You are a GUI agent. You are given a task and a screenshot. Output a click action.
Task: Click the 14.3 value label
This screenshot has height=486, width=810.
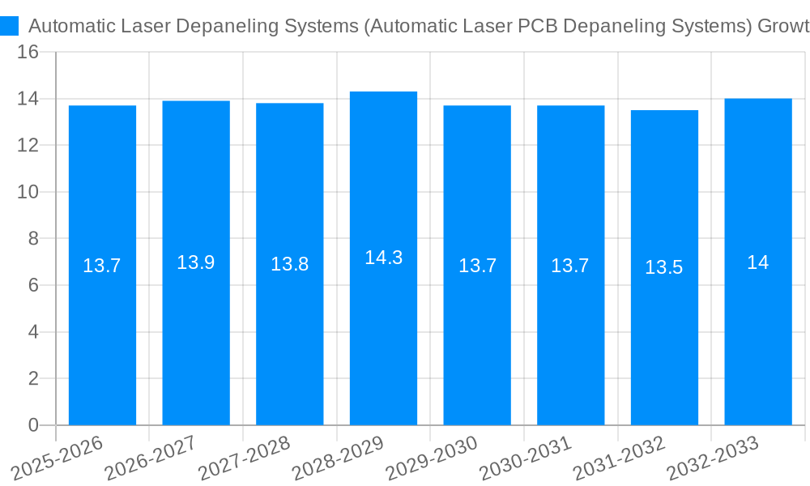coord(383,258)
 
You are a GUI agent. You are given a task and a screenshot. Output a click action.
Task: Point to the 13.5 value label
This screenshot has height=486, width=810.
coord(664,267)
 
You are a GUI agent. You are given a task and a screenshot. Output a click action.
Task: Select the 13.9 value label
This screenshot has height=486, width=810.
coord(196,262)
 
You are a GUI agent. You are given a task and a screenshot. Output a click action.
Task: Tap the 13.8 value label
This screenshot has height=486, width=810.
coord(289,264)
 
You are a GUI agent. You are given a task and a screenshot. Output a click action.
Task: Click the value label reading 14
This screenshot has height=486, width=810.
coord(758,262)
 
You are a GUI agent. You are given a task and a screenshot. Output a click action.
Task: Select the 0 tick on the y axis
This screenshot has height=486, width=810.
coord(33,425)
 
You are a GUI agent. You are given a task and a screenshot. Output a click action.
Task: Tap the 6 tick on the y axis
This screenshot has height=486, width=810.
coord(33,285)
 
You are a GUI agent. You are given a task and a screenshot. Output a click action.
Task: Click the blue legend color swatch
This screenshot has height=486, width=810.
coord(10,26)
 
